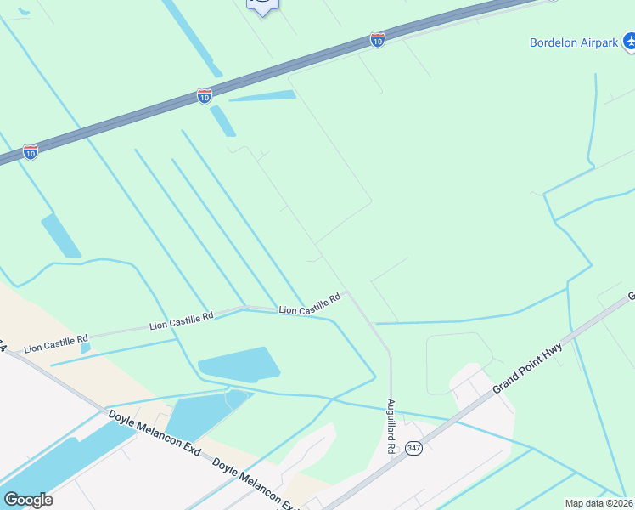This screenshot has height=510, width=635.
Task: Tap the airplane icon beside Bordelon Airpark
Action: coord(629,40)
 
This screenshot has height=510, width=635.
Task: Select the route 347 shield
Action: coord(413,448)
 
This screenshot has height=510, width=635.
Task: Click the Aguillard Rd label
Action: coord(391,426)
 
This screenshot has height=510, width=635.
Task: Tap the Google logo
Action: coord(28,499)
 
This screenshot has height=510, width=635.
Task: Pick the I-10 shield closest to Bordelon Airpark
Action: coord(378,39)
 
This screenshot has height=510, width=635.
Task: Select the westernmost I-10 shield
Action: coord(31,152)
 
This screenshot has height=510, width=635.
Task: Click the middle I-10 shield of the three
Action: coord(204,96)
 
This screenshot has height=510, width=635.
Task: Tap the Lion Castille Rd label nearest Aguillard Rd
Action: coord(310,304)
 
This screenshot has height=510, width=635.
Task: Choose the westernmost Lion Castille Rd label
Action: coord(56,344)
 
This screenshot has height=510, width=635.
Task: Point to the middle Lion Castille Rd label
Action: coord(181,320)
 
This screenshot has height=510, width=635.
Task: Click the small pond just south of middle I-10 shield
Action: coord(222,121)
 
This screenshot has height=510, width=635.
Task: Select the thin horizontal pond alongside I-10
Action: coord(263,96)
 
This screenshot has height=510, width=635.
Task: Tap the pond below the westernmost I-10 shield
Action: coord(61,235)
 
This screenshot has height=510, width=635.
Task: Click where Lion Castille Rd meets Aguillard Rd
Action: coord(346,292)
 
